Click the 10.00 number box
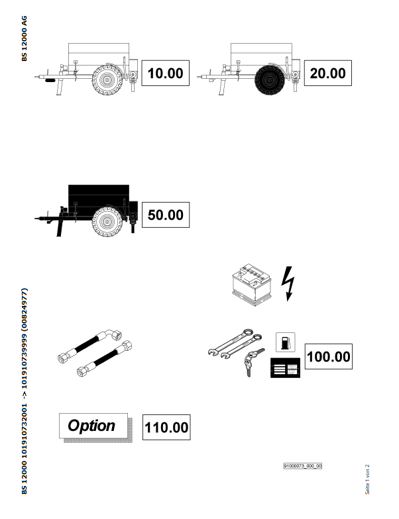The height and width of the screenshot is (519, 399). click(166, 73)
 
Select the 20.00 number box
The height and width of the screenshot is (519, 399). click(327, 73)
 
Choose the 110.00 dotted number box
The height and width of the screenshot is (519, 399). click(166, 427)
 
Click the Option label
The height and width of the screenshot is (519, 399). click(93, 425)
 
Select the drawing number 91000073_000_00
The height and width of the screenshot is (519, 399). click(302, 466)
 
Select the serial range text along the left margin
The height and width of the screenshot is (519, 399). click(25, 391)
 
